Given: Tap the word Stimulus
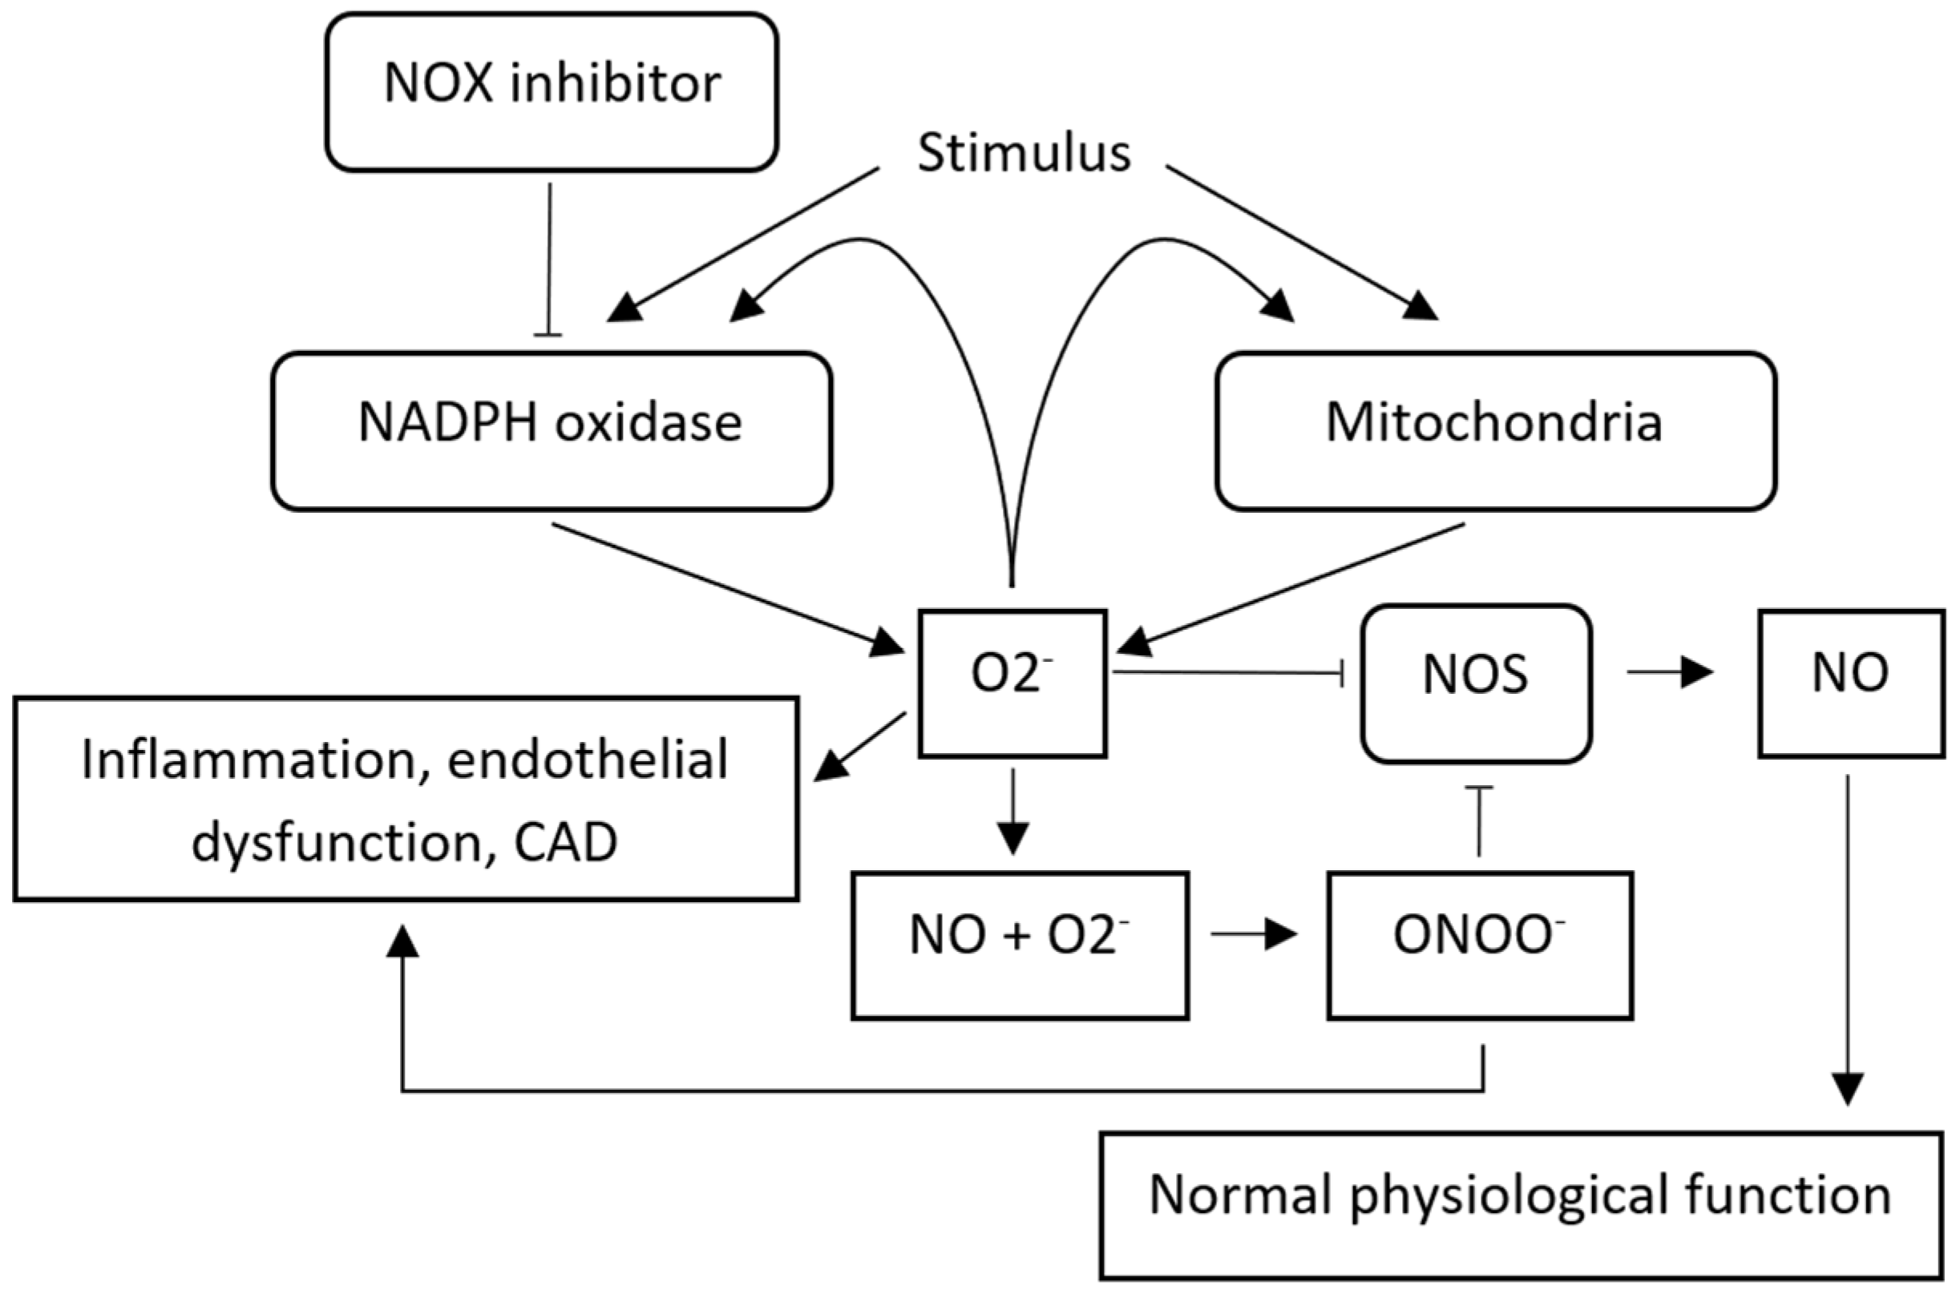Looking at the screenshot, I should click(1024, 153).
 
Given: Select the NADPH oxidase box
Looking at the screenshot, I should click(552, 431).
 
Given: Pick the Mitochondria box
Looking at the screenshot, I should click(1495, 431).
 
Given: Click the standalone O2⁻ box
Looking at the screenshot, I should click(1012, 683).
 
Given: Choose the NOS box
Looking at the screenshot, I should click(1477, 683).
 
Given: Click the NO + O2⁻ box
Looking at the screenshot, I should click(1020, 945).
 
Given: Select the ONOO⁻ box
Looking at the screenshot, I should click(1480, 945).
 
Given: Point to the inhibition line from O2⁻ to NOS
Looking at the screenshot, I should click(1226, 674).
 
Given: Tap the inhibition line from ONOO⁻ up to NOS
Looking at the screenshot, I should click(1479, 823).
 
